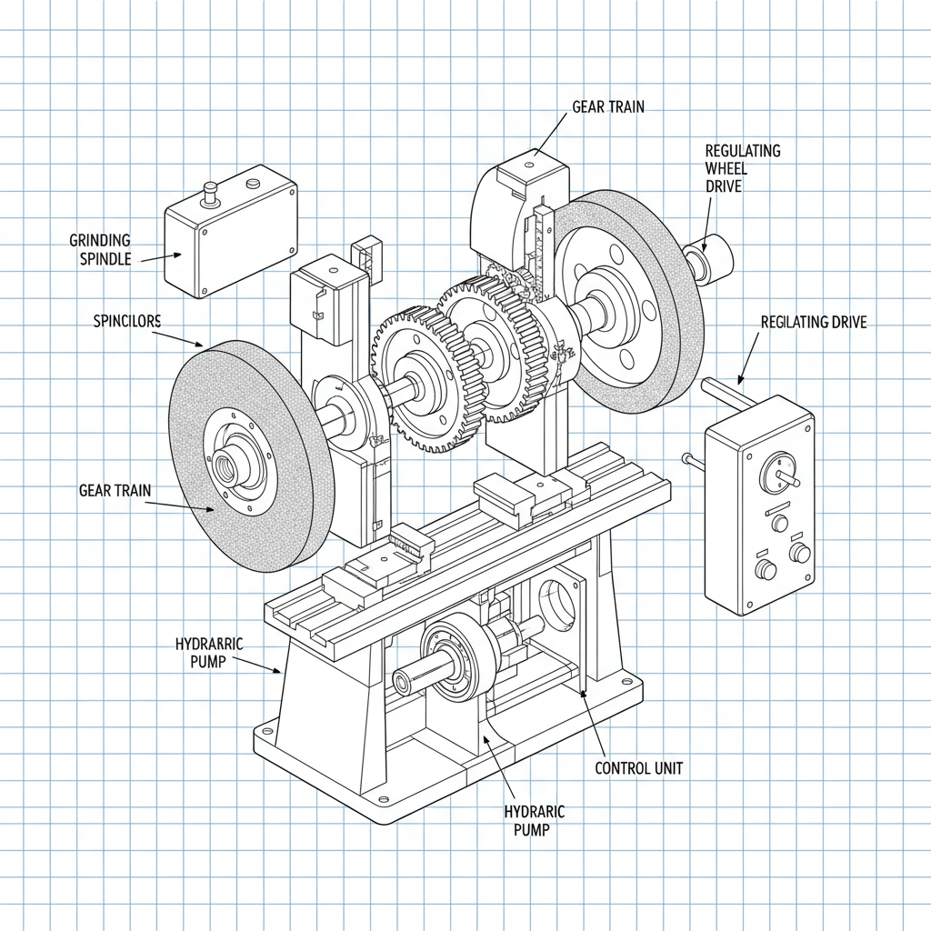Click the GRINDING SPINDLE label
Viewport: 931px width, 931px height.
click(x=100, y=249)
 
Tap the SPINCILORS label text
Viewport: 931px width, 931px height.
click(x=127, y=321)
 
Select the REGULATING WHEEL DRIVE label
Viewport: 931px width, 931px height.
click(x=743, y=168)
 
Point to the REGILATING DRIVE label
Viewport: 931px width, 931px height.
click(x=814, y=322)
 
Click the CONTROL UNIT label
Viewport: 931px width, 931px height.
click(x=638, y=768)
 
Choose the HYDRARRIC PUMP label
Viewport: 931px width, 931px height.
click(x=209, y=653)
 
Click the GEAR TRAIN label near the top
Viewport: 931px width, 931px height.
click(x=608, y=106)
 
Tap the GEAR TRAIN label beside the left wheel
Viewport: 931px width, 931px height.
click(x=115, y=491)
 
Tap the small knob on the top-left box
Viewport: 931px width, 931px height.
click(x=210, y=191)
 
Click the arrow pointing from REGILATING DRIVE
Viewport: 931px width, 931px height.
click(x=747, y=360)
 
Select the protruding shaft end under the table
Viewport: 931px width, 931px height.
click(x=403, y=681)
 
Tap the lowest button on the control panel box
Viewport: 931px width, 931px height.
click(x=766, y=569)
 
